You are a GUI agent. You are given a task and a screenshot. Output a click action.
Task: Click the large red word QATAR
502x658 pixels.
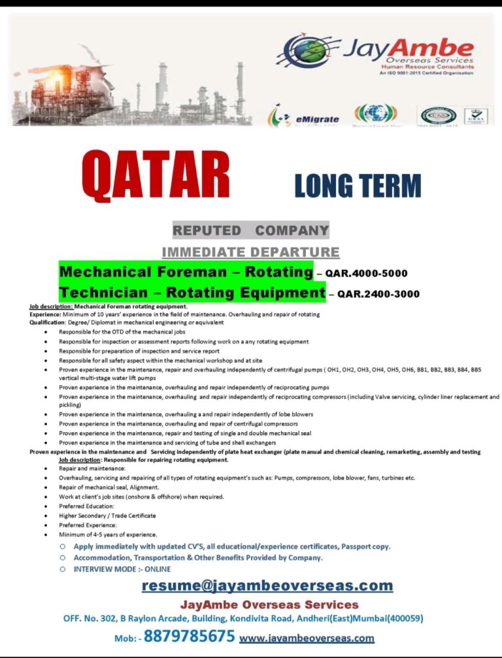click(x=156, y=176)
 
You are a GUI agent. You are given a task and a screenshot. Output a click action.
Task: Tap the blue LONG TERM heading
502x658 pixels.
click(x=358, y=186)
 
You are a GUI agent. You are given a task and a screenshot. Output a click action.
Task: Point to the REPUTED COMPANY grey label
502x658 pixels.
click(x=250, y=231)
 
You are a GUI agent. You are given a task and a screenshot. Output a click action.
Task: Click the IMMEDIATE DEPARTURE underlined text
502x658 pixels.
click(x=250, y=252)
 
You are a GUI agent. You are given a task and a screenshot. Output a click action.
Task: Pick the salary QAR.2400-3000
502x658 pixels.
click(x=378, y=294)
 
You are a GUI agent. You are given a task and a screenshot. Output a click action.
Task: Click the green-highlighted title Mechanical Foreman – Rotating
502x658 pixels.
click(x=186, y=271)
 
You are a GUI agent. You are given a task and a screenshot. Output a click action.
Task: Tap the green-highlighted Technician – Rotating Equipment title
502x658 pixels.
click(x=192, y=292)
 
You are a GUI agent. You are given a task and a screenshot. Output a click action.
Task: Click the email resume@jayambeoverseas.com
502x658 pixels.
click(x=267, y=585)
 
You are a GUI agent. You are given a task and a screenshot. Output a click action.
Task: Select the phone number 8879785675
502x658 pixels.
click(x=189, y=636)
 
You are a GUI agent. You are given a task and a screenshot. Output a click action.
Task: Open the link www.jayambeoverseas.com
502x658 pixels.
click(x=307, y=638)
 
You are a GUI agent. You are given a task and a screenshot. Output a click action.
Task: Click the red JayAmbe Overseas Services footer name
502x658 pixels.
click(x=269, y=604)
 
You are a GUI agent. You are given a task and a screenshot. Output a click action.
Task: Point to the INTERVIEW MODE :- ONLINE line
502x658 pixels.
click(x=122, y=569)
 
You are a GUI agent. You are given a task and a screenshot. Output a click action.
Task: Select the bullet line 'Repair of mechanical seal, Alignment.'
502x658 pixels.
click(x=109, y=487)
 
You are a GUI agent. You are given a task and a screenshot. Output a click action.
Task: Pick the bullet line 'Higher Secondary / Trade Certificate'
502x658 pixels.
click(x=107, y=515)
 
